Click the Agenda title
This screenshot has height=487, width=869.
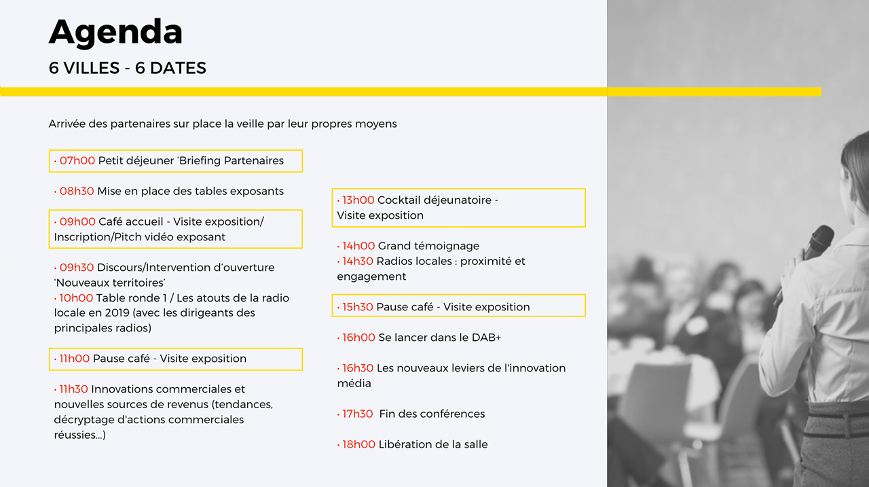click(x=115, y=33)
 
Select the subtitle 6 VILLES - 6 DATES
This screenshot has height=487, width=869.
click(x=127, y=68)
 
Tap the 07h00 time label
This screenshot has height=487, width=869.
click(x=77, y=161)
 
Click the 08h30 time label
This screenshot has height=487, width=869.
click(x=77, y=192)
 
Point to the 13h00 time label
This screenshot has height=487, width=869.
click(x=358, y=200)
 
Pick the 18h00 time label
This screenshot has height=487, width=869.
click(x=358, y=445)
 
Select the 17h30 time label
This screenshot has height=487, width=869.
click(x=357, y=414)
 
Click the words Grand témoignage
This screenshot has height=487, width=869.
click(x=428, y=247)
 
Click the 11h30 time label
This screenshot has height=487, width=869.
click(x=73, y=389)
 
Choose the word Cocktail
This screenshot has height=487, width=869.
click(x=399, y=200)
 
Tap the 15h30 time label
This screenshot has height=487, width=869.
click(x=357, y=307)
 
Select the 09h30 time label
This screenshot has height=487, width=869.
click(x=77, y=268)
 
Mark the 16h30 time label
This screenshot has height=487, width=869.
click(x=358, y=368)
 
